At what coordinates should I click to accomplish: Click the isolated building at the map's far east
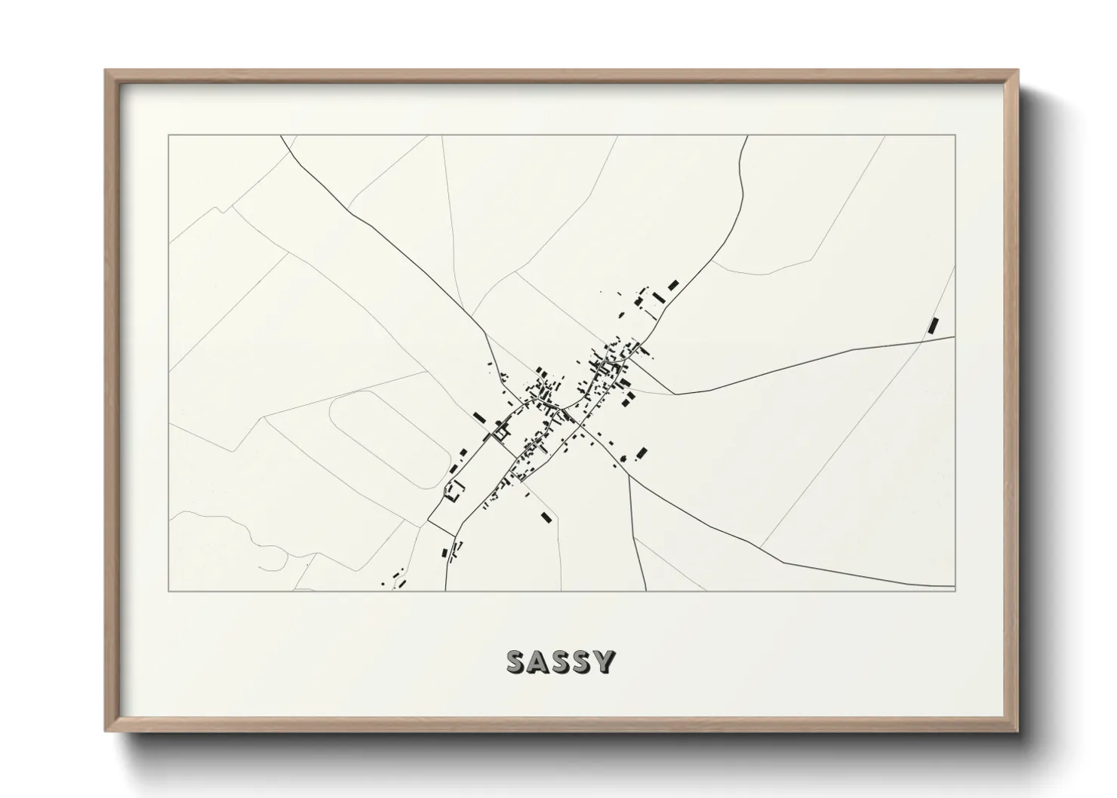[934, 325]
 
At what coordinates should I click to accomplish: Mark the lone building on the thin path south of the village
[546, 517]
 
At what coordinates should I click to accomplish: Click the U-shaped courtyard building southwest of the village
[454, 492]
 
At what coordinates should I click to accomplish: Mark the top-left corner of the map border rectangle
[169, 136]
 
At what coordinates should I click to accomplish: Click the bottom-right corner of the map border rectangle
[955, 591]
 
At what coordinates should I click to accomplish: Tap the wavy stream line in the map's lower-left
[226, 520]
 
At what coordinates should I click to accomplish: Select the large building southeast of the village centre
[642, 453]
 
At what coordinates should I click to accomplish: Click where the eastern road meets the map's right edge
[954, 337]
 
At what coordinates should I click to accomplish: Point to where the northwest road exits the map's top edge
[281, 137]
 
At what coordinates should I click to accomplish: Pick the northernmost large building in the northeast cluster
[673, 284]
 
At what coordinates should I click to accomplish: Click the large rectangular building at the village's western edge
[478, 416]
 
